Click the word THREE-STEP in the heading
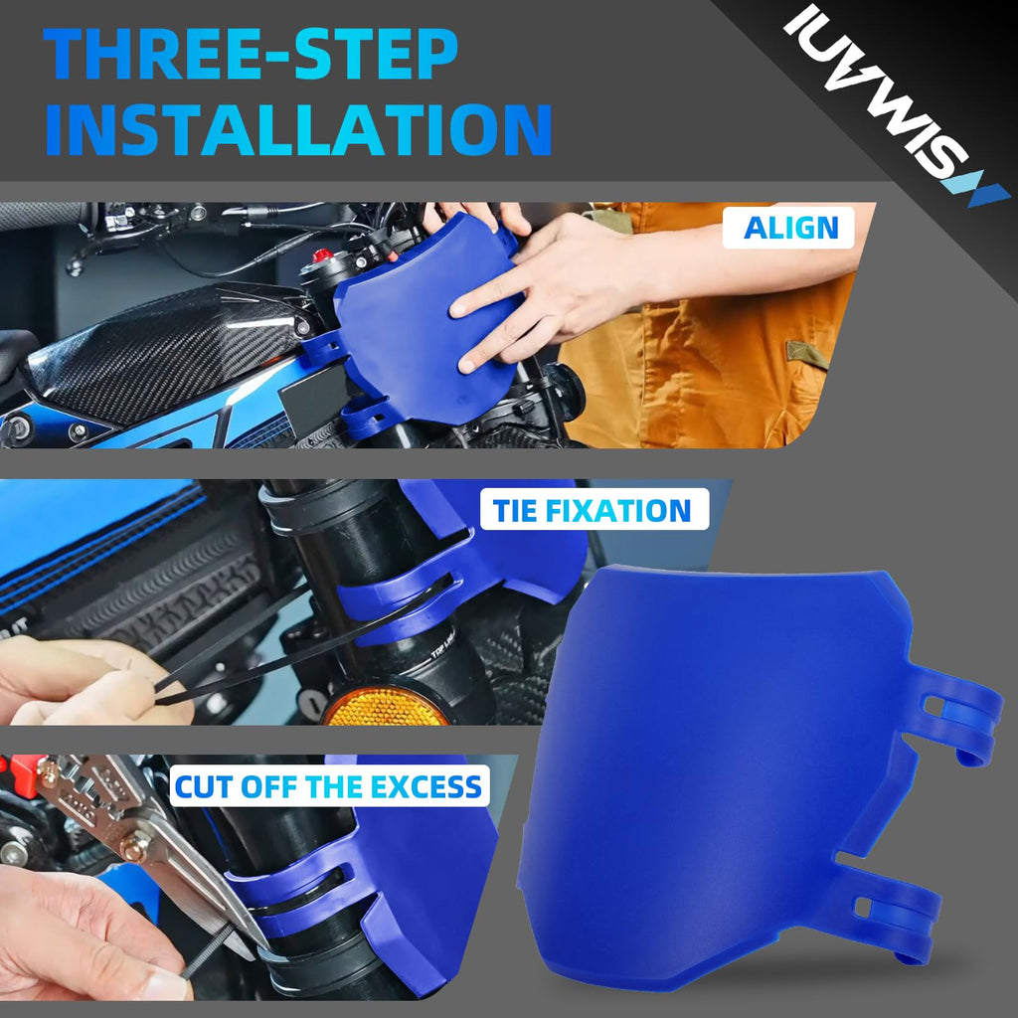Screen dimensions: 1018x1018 pyautogui.click(x=251, y=54)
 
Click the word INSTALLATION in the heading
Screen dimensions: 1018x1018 pyautogui.click(x=298, y=130)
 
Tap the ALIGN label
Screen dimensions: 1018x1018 pyautogui.click(x=789, y=228)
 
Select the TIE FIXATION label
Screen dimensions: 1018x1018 pyautogui.click(x=594, y=510)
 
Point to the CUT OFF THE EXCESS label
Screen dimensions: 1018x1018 pyautogui.click(x=329, y=786)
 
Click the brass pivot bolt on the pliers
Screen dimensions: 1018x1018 pyautogui.click(x=134, y=846)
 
